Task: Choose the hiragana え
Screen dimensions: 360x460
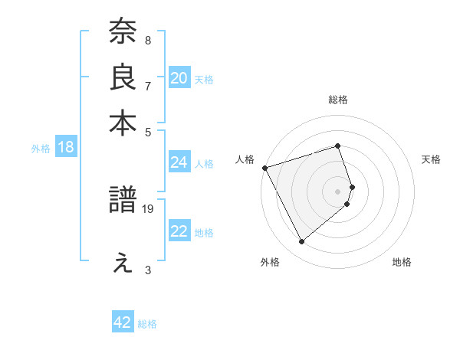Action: click(x=123, y=263)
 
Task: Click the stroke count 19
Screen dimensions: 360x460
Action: click(x=149, y=208)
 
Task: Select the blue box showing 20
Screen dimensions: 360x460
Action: click(x=179, y=78)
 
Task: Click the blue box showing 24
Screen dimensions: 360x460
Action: click(x=179, y=162)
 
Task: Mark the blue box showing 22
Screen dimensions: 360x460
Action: click(x=179, y=231)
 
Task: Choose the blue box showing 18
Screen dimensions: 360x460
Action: click(x=65, y=147)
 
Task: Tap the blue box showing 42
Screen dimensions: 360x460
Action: click(x=122, y=322)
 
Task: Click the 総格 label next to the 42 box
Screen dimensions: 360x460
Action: click(x=147, y=324)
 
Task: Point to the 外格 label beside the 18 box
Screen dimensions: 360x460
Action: click(x=41, y=149)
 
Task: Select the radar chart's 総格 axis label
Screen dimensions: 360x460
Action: click(x=337, y=100)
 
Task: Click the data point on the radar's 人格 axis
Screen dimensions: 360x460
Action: click(x=264, y=167)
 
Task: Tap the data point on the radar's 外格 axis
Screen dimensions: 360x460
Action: click(x=301, y=242)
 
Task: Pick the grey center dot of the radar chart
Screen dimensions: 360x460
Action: click(x=337, y=191)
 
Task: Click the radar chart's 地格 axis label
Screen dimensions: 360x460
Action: click(x=402, y=263)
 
